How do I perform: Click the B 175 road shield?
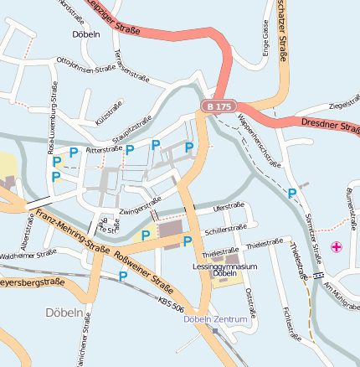[217, 106]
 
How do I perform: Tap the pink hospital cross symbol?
[337, 246]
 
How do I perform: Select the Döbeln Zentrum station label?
[215, 319]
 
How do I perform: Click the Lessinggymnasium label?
[224, 266]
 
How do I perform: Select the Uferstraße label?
[229, 205]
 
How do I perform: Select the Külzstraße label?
[109, 112]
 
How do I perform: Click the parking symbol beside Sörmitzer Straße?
[292, 194]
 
